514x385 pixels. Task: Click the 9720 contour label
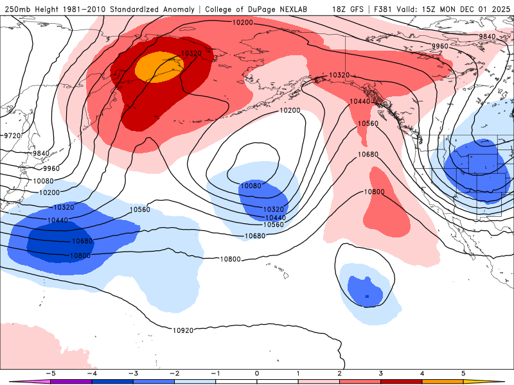13,135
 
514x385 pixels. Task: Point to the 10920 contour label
183,330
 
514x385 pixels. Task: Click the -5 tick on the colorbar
50,373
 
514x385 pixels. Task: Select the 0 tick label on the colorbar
257,373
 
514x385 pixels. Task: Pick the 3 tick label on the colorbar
381,373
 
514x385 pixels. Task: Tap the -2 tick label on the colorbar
174,373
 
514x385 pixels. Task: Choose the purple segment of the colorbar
71,381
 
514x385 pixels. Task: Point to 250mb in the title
16,9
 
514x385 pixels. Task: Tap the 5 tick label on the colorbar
464,373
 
